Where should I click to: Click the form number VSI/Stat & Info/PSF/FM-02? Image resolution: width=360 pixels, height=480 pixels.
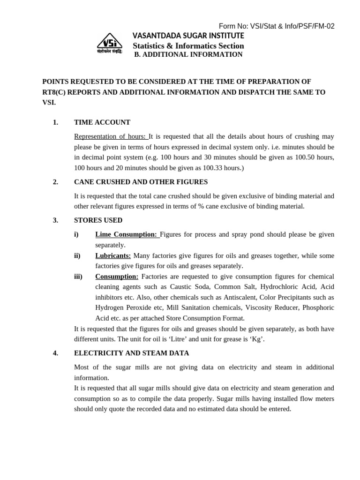pyautogui.click(x=277, y=26)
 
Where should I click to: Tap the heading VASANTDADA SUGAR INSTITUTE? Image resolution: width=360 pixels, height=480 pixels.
pyautogui.click(x=188, y=36)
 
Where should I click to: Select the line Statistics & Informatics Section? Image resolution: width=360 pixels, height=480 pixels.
pyautogui.click(x=188, y=45)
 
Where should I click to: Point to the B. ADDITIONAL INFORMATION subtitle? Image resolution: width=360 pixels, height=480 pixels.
pyautogui.click(x=188, y=54)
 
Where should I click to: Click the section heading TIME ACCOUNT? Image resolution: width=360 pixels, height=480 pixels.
pyautogui.click(x=102, y=122)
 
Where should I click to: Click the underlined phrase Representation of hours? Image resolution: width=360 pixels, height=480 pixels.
pyautogui.click(x=111, y=136)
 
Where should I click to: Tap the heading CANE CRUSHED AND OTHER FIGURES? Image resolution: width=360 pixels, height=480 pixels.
pyautogui.click(x=141, y=182)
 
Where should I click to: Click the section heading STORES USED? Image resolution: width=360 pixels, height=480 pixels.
pyautogui.click(x=98, y=220)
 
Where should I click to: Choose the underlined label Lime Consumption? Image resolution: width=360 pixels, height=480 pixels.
pyautogui.click(x=127, y=234)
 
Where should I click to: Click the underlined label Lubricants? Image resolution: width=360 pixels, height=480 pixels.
pyautogui.click(x=113, y=255)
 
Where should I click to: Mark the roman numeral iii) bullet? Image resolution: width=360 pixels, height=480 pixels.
pyautogui.click(x=79, y=277)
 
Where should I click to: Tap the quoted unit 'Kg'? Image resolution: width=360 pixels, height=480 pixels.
pyautogui.click(x=256, y=339)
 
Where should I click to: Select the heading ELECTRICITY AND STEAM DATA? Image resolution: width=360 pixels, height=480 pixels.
pyautogui.click(x=131, y=353)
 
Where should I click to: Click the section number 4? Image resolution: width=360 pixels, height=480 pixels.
pyautogui.click(x=55, y=353)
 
